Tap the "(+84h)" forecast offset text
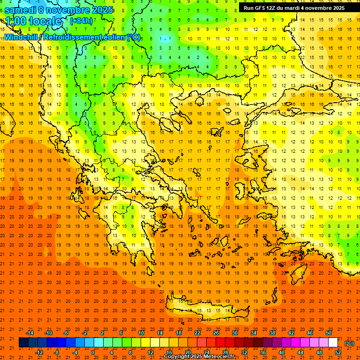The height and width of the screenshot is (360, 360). (81, 21)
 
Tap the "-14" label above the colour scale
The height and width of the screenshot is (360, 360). (30, 333)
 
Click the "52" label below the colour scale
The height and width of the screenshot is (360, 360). (338, 352)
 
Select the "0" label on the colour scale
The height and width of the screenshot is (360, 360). (93, 352)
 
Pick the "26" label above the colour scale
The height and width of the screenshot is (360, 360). (216, 333)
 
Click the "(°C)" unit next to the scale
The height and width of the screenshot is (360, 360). (349, 343)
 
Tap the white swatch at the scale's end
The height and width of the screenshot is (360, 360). (333, 343)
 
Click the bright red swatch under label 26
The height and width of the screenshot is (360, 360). (221, 343)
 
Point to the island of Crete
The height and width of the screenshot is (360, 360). (206, 310)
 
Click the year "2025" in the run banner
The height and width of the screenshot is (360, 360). (336, 8)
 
